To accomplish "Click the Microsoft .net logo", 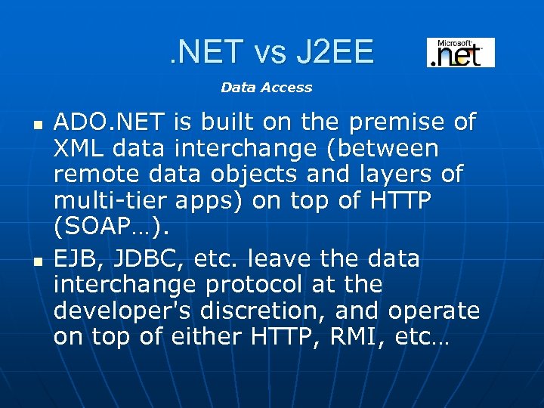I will [x=460, y=53].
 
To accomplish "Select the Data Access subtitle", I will [x=266, y=88].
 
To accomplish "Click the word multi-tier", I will [x=110, y=201].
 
